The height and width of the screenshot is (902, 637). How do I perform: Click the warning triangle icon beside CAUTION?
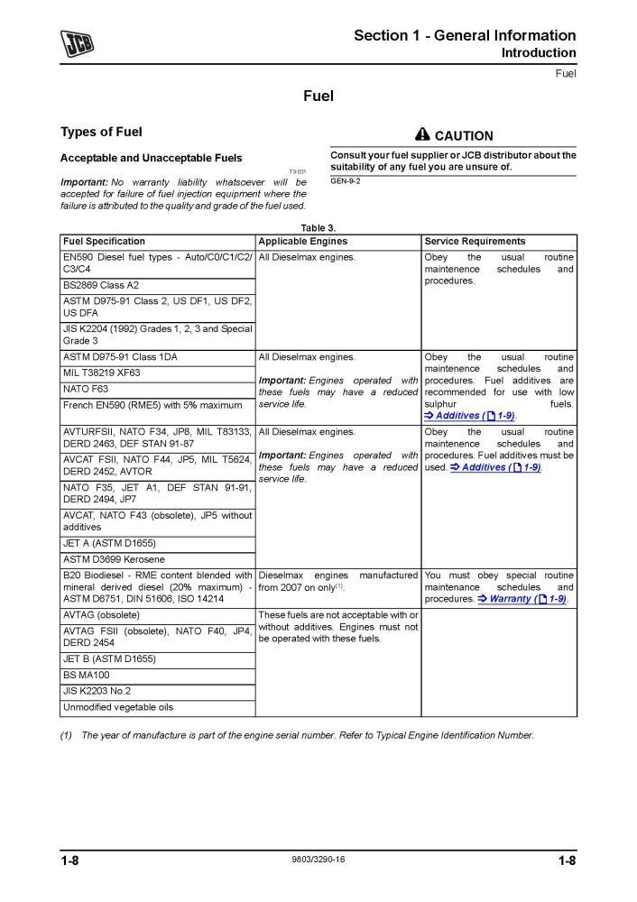click(422, 134)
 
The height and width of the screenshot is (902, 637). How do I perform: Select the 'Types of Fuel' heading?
click(101, 132)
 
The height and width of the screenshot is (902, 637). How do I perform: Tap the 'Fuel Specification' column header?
click(104, 242)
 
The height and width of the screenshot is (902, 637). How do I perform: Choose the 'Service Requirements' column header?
click(475, 242)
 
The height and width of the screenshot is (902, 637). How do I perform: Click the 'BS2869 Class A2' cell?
click(101, 285)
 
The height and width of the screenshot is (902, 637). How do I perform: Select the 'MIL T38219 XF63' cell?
click(102, 373)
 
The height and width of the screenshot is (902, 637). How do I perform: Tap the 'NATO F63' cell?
click(85, 389)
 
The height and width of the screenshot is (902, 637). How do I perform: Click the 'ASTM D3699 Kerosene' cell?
click(114, 559)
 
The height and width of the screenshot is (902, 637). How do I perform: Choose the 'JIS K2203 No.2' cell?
click(98, 691)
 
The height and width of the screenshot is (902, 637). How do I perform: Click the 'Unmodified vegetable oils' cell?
click(117, 707)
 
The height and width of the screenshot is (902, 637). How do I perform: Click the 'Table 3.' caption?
click(318, 229)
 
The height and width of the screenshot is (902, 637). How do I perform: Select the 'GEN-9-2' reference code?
click(346, 181)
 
